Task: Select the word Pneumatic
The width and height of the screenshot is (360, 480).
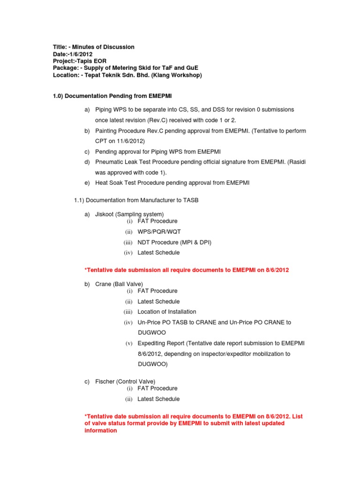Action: tap(109, 162)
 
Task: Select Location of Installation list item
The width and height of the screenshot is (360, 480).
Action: tap(167, 312)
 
